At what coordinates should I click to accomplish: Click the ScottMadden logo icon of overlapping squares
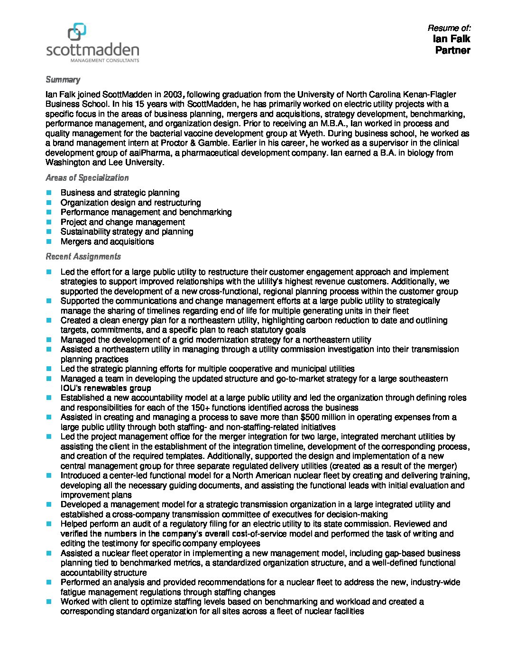pyautogui.click(x=77, y=32)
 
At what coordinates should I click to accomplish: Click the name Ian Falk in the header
pyautogui.click(x=451, y=39)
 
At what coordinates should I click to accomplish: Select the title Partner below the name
pyautogui.click(x=452, y=50)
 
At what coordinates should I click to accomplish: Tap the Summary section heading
pyautogui.click(x=63, y=79)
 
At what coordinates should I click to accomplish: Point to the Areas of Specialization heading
pyautogui.click(x=87, y=178)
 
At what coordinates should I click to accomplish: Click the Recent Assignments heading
pyautogui.click(x=83, y=257)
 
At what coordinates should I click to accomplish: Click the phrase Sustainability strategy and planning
pyautogui.click(x=127, y=232)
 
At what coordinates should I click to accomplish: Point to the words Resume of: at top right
pyautogui.click(x=449, y=28)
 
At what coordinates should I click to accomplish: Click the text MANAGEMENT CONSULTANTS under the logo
pyautogui.click(x=105, y=61)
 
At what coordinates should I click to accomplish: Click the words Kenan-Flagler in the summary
pyautogui.click(x=429, y=94)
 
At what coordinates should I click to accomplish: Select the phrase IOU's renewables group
pyautogui.click(x=106, y=388)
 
